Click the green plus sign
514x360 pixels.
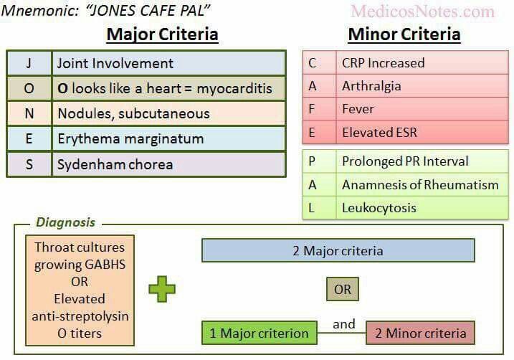162,289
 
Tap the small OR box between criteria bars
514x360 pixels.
343,289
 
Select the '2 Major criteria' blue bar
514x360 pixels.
338,250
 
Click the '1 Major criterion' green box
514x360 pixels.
260,333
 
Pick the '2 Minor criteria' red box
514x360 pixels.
420,333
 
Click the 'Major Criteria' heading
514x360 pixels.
163,34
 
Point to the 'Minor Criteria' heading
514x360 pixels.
404,34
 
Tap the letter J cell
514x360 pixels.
29,63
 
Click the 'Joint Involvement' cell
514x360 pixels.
168,63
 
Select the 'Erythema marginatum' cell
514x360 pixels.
168,138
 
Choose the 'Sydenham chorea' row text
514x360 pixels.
115,164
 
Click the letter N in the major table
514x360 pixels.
29,113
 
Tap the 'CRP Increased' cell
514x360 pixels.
422,62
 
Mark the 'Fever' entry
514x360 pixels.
358,109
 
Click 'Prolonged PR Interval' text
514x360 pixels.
405,161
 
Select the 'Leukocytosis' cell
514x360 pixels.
422,208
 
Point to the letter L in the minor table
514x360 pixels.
311,208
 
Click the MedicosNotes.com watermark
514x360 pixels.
422,11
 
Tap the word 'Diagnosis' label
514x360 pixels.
65,222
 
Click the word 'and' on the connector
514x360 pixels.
344,324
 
